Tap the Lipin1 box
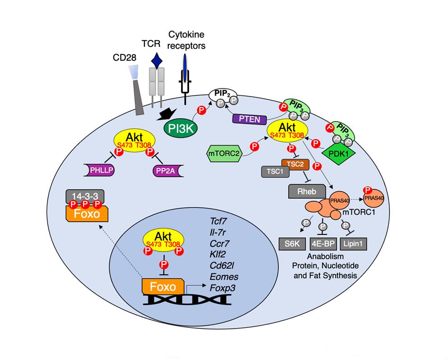click(353, 244)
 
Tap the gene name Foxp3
click(223, 287)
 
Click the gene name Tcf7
click(219, 221)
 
